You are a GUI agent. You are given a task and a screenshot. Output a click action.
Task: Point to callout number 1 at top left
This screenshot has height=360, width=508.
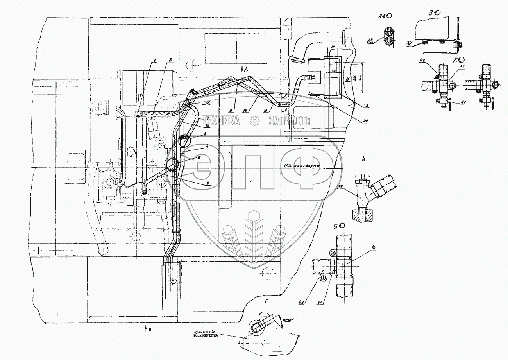coord(155,59)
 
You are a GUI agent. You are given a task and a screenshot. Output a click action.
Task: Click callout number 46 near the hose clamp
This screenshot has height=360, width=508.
coord(208,103)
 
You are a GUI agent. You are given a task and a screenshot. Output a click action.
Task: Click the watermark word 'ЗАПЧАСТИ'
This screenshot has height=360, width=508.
coord(290,121)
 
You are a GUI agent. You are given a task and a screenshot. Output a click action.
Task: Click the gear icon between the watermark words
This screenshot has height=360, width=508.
coord(254,122)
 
